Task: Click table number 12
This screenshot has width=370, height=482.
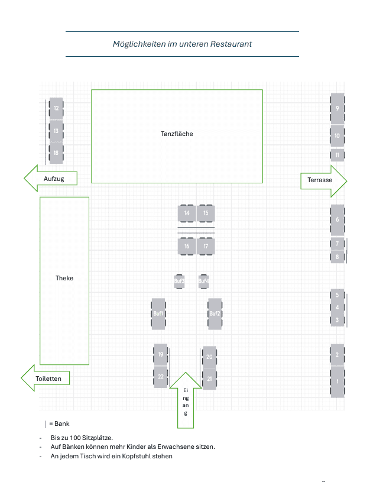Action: pos(56,108)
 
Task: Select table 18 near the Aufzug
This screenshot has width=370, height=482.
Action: pos(56,153)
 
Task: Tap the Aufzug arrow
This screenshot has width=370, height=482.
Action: pos(51,179)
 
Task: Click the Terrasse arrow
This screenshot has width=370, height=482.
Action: pos(323,180)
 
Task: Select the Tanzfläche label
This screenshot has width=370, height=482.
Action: pos(177,134)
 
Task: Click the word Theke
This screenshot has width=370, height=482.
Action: pos(64,278)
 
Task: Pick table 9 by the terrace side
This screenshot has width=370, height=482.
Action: pos(337,108)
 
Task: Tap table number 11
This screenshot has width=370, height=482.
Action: pos(337,156)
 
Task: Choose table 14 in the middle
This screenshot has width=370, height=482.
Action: pos(187,213)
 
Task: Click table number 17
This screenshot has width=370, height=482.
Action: pos(206,246)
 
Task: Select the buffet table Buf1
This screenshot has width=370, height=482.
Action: pos(158,313)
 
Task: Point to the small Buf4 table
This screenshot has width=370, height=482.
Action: pos(203,281)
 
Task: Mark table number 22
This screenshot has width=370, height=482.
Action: pos(160,377)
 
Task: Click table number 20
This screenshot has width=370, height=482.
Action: pos(209,357)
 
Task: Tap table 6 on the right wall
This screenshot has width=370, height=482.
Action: pos(337,219)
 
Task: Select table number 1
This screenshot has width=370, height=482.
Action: pos(337,381)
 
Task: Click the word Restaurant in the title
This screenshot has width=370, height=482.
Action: pos(231,44)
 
